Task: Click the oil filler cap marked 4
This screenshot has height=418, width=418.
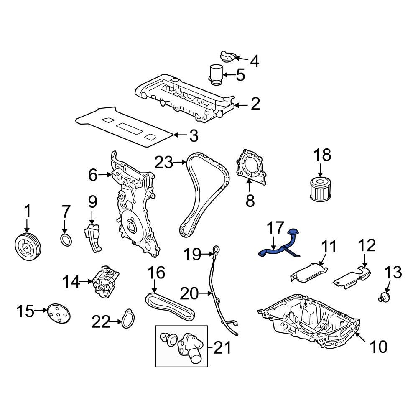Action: tap(227, 57)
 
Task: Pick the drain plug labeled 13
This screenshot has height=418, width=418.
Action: tap(383, 298)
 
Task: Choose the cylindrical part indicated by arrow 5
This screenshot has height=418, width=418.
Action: tap(215, 74)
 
